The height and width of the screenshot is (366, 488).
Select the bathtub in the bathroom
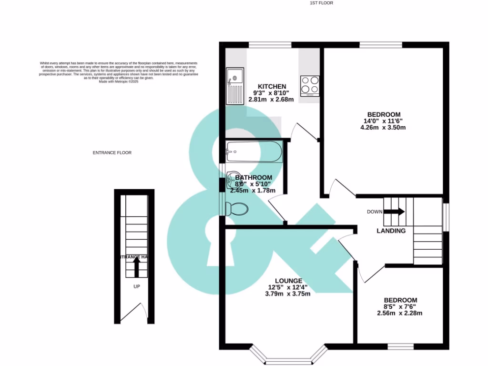[x=254, y=152]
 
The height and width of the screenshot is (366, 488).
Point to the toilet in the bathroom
[x=237, y=208]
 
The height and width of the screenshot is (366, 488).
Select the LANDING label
[x=391, y=231]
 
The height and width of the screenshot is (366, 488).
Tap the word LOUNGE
[x=288, y=281]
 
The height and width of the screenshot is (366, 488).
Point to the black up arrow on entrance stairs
[x=136, y=267]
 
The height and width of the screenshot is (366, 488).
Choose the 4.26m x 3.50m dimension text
[x=383, y=128]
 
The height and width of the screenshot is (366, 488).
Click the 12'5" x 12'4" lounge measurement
[x=287, y=287]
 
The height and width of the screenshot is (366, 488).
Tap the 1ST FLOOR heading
[x=321, y=3]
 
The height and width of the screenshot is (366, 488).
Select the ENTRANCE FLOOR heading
[x=112, y=153]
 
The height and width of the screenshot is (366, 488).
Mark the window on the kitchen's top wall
[x=270, y=45]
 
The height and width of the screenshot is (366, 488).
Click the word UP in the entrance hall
[x=136, y=287]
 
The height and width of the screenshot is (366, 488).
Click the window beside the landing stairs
[x=446, y=217]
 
